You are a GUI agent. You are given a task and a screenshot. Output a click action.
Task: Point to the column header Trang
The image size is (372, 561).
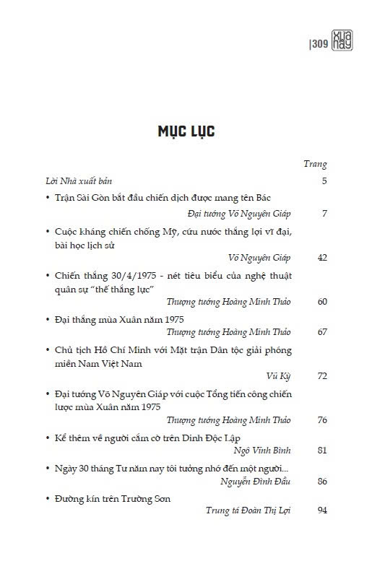click(x=315, y=164)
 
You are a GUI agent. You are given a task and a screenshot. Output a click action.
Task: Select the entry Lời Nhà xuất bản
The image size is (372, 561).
click(x=74, y=181)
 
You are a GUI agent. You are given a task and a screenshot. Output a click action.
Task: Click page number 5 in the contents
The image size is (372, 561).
click(x=324, y=181)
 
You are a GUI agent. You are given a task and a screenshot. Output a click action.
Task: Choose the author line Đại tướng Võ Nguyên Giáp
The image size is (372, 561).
click(x=238, y=214)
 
